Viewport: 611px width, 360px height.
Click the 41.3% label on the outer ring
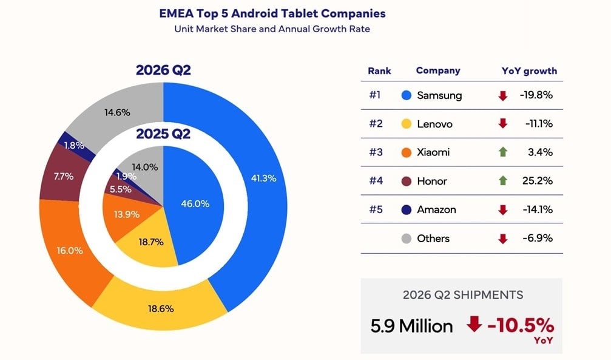coord(263,178)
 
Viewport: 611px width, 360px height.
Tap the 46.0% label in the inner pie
coord(195,203)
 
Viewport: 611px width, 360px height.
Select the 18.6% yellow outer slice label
coord(161,309)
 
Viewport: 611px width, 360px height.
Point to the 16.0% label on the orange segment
coord(70,250)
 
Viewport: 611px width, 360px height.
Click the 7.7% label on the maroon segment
coord(64,176)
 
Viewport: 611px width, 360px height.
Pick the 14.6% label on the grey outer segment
coord(117,113)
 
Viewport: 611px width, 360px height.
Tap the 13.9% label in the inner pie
coord(127,214)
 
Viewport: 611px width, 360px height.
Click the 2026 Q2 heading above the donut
coord(163,70)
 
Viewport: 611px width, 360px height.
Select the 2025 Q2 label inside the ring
coord(163,134)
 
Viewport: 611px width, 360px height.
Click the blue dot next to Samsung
coord(407,95)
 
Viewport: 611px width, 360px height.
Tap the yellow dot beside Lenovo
coord(407,124)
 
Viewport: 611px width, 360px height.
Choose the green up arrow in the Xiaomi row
coord(502,152)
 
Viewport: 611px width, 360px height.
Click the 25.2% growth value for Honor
coord(538,180)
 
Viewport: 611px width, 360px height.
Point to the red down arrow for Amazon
coord(502,210)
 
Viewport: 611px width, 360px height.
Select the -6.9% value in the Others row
coord(538,238)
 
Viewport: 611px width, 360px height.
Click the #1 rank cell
coord(375,95)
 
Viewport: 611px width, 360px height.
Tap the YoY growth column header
coord(529,71)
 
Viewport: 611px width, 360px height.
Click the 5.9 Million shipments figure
coord(411,326)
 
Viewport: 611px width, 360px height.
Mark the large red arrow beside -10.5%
coord(474,324)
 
